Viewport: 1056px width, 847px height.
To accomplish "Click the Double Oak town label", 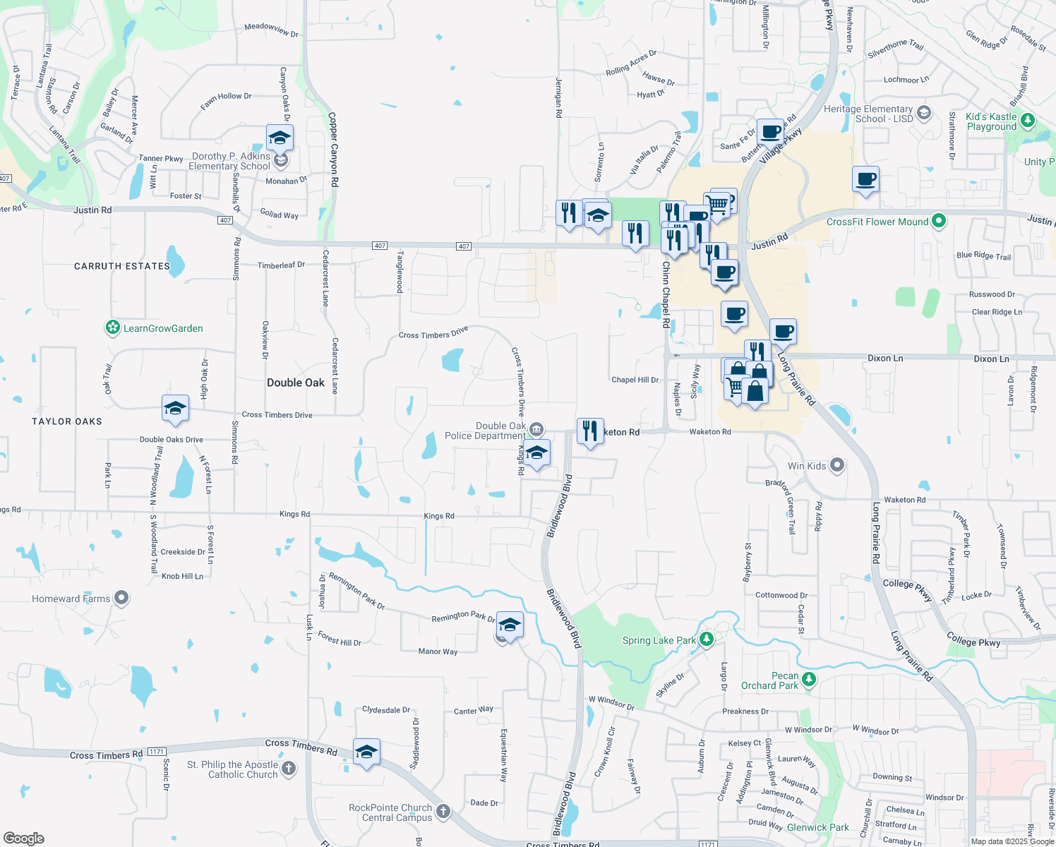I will click(x=296, y=383).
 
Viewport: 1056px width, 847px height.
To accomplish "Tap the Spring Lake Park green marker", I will click(x=707, y=639).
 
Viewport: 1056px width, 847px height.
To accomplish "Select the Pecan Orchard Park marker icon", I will click(x=809, y=680).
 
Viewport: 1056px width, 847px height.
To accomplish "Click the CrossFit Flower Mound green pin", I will click(x=938, y=221).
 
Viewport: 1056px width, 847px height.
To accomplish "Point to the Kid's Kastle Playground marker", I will click(x=1028, y=121).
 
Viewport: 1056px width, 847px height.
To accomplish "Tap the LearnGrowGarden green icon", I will click(x=112, y=328).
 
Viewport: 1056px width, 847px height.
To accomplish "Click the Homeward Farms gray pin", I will click(x=121, y=598).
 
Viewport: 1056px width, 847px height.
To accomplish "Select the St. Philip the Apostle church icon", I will click(x=288, y=769).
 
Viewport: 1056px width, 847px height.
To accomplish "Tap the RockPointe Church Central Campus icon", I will click(x=443, y=812).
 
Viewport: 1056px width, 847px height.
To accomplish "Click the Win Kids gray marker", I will click(x=837, y=465).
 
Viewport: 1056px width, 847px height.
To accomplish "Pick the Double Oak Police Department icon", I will click(x=536, y=430).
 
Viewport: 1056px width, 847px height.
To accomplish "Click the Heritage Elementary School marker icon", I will click(x=923, y=113).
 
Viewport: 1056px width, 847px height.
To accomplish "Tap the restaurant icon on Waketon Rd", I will click(x=590, y=431).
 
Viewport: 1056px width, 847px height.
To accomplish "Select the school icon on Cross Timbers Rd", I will click(x=366, y=752).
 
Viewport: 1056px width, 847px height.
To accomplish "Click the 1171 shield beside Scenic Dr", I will click(x=157, y=752).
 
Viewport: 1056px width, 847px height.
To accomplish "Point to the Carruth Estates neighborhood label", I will click(x=122, y=266).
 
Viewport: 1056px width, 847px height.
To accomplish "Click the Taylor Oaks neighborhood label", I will click(x=67, y=421).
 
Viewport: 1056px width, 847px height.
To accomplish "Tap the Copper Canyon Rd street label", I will click(x=333, y=150).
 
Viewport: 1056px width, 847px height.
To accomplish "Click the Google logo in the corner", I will click(x=24, y=838).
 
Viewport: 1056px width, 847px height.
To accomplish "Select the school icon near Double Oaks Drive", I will click(x=175, y=408).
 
